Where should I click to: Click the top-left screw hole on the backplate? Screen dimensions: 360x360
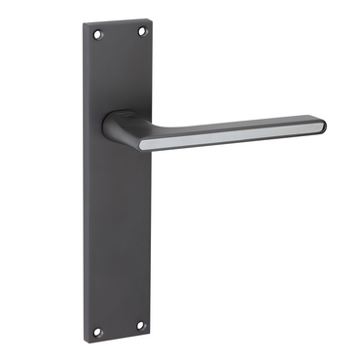click(96, 36)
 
